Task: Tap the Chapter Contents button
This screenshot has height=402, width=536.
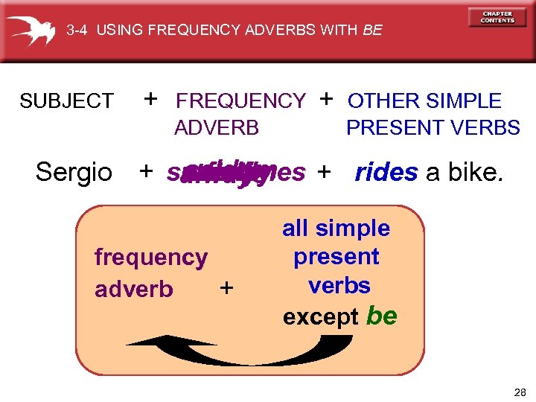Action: click(497, 17)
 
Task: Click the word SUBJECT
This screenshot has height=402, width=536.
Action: click(66, 100)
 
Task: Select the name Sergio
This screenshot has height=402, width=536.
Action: click(74, 172)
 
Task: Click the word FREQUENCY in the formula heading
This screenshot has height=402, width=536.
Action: click(240, 100)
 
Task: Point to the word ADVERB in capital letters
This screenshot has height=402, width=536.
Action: click(216, 128)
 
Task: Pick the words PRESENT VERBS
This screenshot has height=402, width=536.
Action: click(433, 128)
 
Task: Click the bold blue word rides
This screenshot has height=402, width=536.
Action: click(386, 172)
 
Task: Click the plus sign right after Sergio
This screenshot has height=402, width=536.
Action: click(147, 172)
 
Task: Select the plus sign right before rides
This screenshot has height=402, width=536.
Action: click(323, 172)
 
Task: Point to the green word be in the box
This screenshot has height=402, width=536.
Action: click(382, 316)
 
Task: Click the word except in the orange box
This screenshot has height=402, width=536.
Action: click(321, 317)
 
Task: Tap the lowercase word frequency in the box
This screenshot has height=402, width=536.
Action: click(150, 258)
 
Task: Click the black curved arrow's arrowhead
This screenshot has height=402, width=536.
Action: click(141, 341)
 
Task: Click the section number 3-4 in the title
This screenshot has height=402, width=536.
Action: click(77, 31)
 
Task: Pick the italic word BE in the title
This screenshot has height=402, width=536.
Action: click(372, 31)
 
